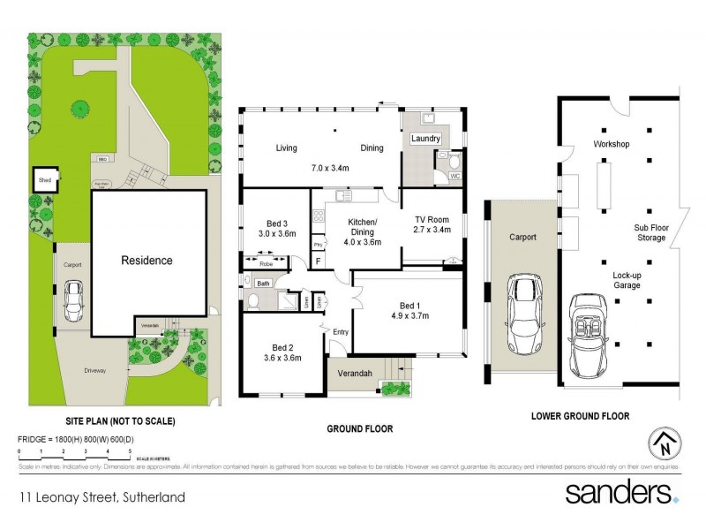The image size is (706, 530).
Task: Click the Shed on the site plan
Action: (x=44, y=180)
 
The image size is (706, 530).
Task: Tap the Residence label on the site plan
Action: (x=146, y=261)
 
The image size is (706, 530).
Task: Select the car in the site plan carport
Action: (x=72, y=301)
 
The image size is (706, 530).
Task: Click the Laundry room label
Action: (x=425, y=139)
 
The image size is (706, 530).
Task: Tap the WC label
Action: (x=455, y=177)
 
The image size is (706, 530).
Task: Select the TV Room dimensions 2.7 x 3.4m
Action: (x=432, y=230)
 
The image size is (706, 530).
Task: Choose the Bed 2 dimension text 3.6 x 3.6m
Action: (x=282, y=358)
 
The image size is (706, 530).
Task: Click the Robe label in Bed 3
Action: (x=266, y=262)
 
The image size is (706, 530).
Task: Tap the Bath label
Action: (x=263, y=283)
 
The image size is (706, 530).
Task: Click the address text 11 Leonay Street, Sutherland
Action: (x=103, y=496)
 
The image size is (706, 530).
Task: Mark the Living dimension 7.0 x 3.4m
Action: (x=331, y=168)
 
